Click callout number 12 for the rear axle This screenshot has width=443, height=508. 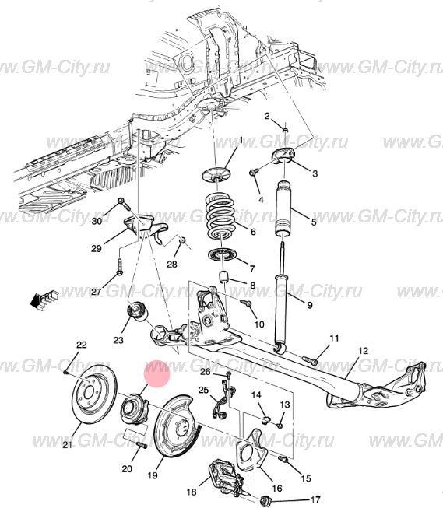pos(364,351)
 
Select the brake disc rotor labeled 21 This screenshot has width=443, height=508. pos(94,394)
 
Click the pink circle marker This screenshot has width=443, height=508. pos(157,374)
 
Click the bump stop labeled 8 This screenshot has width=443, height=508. pos(223,277)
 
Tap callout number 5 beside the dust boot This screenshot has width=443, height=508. pos(314,222)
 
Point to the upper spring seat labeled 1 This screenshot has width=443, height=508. pos(215,175)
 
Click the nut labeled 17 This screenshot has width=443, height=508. pos(265,501)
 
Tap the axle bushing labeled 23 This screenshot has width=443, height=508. pos(137,311)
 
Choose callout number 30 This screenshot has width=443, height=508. pos(97,221)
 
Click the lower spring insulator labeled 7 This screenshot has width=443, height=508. pos(223,255)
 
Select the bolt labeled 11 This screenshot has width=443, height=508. pos(310,360)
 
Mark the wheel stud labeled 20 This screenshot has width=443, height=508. pos(142,445)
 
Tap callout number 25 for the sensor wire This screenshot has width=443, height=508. pos(203,390)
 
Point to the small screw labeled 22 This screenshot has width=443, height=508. pos(66,373)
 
